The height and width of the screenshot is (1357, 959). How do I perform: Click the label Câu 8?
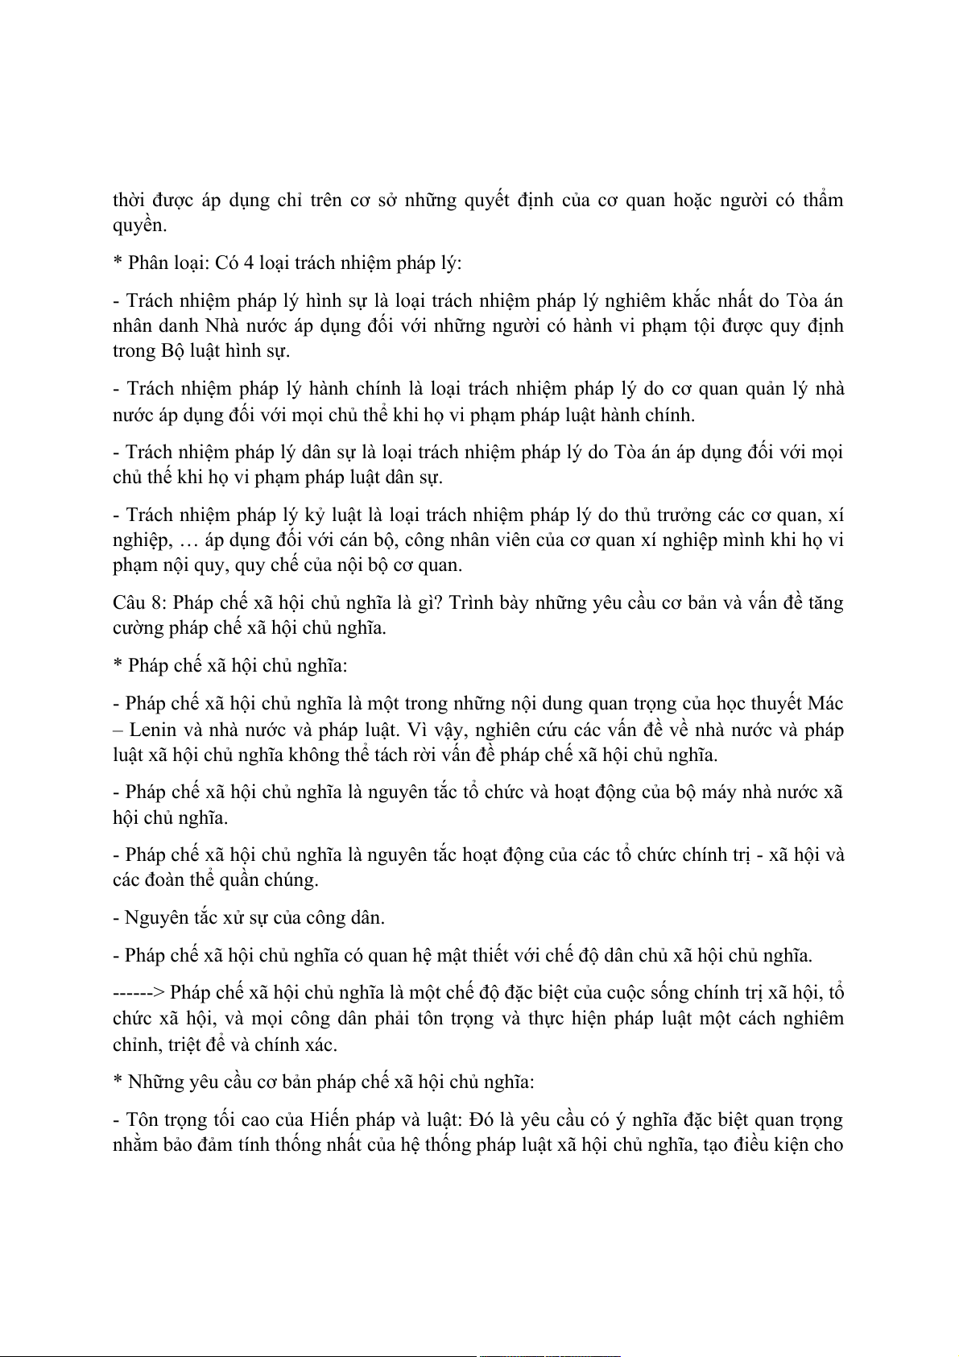pyautogui.click(x=138, y=603)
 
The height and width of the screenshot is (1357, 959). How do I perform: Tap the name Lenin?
pyautogui.click(x=154, y=730)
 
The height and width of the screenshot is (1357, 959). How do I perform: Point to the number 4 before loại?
pyautogui.click(x=248, y=263)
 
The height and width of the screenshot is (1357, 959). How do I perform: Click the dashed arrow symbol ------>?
pyautogui.click(x=138, y=993)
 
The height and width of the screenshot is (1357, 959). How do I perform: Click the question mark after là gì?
pyautogui.click(x=438, y=603)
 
